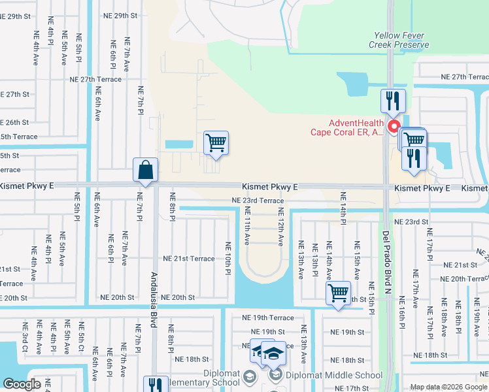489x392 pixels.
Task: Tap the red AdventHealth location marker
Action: pos(394,126)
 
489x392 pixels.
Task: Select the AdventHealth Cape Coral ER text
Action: pos(348,127)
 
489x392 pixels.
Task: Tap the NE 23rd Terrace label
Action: pos(258,201)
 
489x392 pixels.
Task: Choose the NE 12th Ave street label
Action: pos(280,226)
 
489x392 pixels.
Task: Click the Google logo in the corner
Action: pos(22,384)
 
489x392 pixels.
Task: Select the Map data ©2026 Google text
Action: pos(448,387)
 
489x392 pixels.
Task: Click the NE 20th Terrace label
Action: pos(462,279)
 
